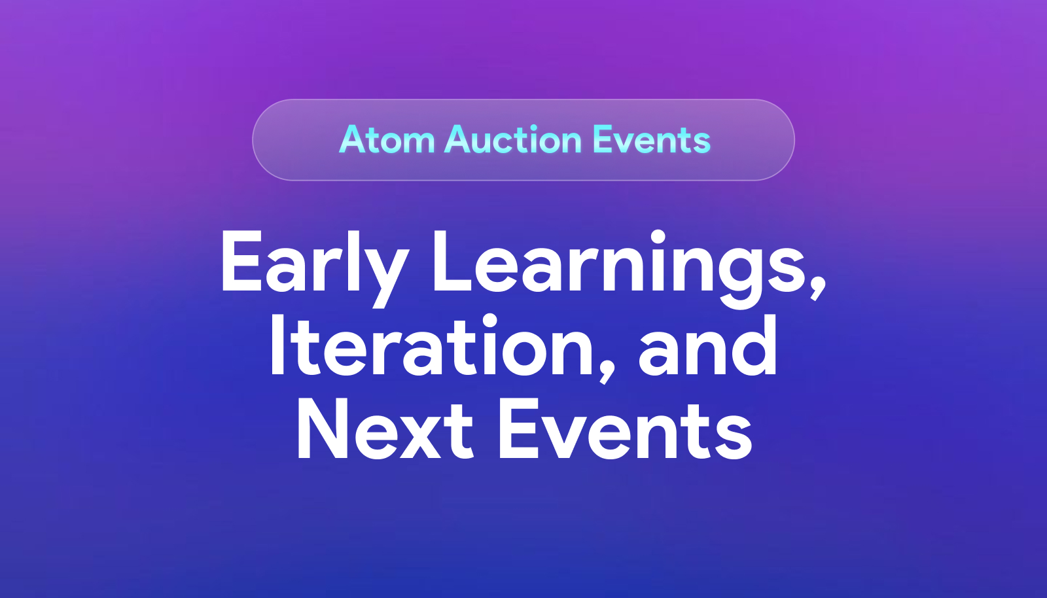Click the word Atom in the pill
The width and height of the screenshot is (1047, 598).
click(387, 140)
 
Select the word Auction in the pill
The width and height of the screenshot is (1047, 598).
click(513, 140)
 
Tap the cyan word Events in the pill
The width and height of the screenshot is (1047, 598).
click(652, 140)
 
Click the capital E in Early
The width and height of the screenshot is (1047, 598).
click(242, 262)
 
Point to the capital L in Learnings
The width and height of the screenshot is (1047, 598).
click(452, 262)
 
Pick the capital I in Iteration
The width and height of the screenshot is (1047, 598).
click(277, 345)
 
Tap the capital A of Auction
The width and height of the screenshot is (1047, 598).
click(465, 140)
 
